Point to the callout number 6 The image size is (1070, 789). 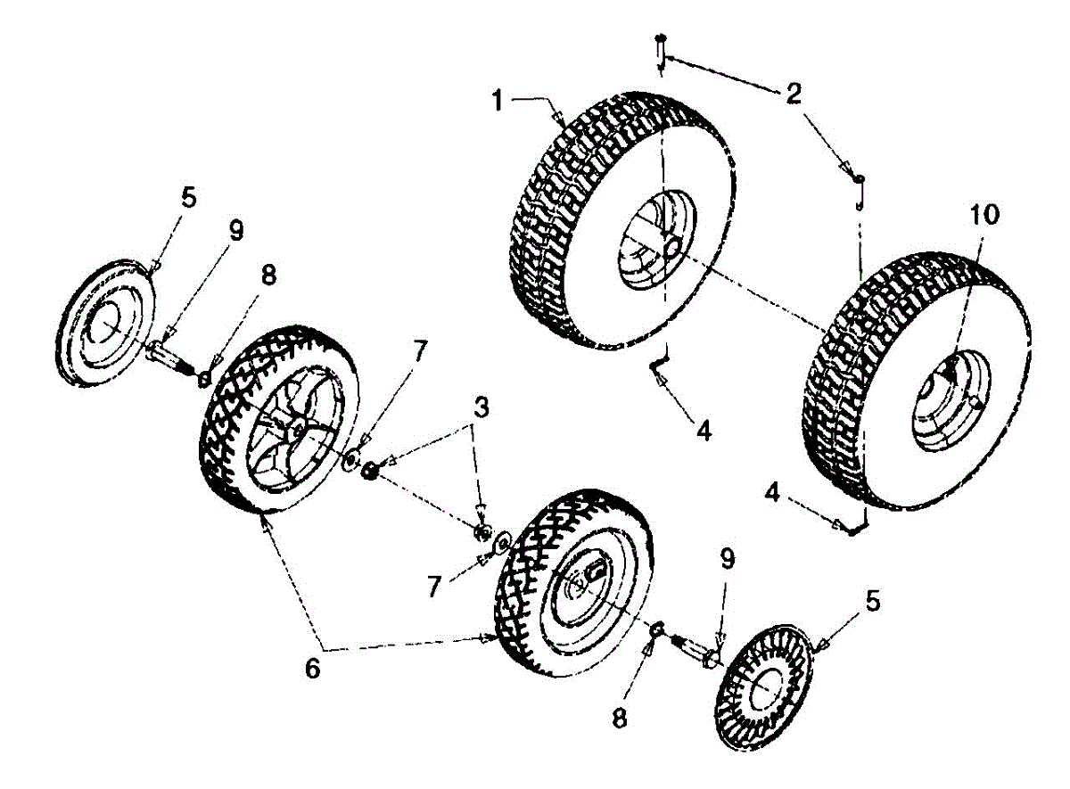pyautogui.click(x=312, y=669)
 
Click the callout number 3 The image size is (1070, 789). pyautogui.click(x=481, y=411)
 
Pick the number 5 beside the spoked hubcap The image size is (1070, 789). pyautogui.click(x=872, y=602)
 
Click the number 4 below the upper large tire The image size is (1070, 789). pyautogui.click(x=704, y=431)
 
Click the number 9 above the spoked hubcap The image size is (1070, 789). pyautogui.click(x=728, y=559)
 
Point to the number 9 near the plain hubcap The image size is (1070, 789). pyautogui.click(x=235, y=232)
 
